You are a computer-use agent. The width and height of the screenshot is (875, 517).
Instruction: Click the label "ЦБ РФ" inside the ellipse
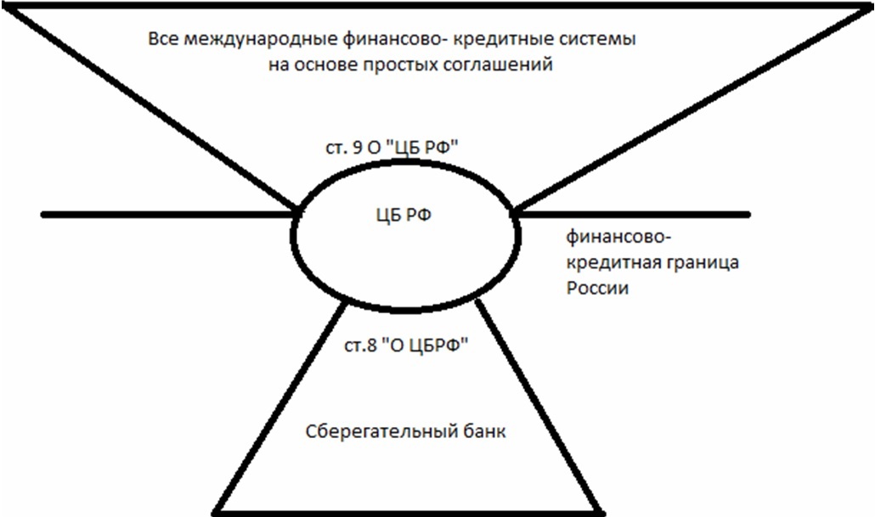pyautogui.click(x=404, y=216)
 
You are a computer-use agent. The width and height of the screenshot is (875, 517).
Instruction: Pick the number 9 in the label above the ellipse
pyautogui.click(x=358, y=148)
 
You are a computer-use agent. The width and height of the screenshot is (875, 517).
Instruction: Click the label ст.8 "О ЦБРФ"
pyautogui.click(x=406, y=346)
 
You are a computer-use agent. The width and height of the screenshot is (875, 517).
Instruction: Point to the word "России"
pyautogui.click(x=598, y=289)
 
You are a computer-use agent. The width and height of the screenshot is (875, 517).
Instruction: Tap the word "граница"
pyautogui.click(x=700, y=262)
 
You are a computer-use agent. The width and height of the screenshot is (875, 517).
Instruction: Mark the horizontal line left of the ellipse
pyautogui.click(x=168, y=214)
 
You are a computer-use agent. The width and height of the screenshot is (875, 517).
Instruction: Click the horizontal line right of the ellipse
pyautogui.click(x=633, y=214)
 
